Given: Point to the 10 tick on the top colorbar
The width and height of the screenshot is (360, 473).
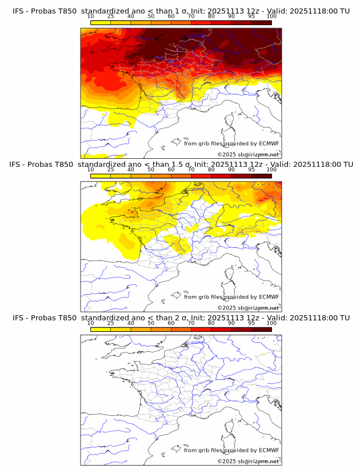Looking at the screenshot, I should coord(91,17).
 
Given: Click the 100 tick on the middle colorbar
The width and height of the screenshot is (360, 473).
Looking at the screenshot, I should coord(271,170).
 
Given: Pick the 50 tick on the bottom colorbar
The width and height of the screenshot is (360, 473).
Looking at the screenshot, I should coord(151,323).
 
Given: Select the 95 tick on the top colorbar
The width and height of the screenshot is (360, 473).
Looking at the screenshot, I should coord(251,17).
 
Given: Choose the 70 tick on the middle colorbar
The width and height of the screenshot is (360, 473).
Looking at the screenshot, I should coord(191,170).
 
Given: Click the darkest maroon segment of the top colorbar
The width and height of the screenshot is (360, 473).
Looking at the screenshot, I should coord(261,23).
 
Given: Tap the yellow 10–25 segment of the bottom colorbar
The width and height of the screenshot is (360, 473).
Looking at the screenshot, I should coord(101,330).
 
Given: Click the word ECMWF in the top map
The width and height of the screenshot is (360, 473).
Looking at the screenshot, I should coord(269,143).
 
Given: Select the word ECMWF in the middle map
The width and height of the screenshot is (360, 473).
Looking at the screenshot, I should coord(269,296).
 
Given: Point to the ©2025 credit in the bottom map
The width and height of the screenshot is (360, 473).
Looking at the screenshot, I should coord(227,461).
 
